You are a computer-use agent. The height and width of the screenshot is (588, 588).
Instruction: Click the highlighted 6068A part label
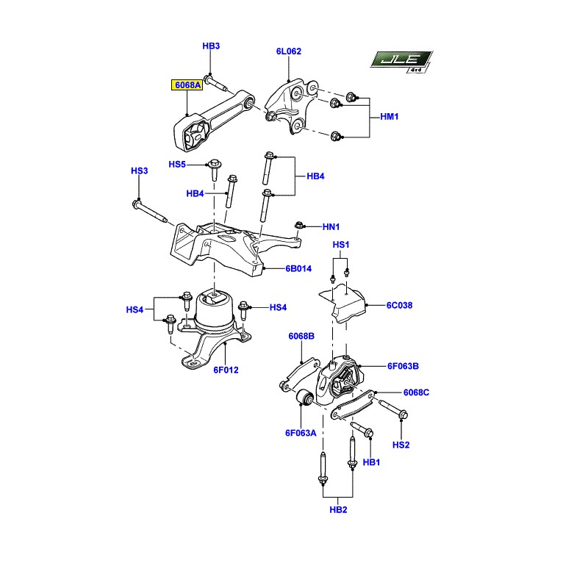pyautogui.click(x=187, y=85)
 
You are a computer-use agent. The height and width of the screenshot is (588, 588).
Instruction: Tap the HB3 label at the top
pyautogui.click(x=211, y=46)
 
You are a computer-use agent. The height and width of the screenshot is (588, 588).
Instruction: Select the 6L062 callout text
pyautogui.click(x=289, y=51)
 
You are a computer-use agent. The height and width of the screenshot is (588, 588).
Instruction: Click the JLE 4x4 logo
pyautogui.click(x=401, y=61)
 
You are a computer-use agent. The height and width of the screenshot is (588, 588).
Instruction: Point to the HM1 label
pyautogui.click(x=390, y=117)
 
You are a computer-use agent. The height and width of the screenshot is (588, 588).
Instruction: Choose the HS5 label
pyautogui.click(x=177, y=165)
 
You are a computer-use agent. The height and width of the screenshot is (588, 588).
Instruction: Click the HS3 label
pyautogui.click(x=140, y=171)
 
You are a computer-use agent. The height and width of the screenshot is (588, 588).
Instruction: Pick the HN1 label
pyautogui.click(x=331, y=227)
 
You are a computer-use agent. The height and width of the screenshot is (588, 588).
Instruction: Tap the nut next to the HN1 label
pyautogui.click(x=299, y=226)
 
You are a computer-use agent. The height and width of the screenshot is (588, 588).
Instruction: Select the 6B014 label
pyautogui.click(x=298, y=268)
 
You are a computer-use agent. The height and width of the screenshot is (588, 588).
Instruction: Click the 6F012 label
pyautogui.click(x=226, y=370)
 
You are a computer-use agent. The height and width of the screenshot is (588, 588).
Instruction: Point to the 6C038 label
pyautogui.click(x=399, y=305)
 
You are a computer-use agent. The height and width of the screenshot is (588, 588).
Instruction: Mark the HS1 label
pyautogui.click(x=341, y=245)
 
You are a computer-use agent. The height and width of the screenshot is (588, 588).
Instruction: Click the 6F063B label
pyautogui.click(x=403, y=366)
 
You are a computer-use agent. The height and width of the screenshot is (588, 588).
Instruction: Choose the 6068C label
pyautogui.click(x=416, y=392)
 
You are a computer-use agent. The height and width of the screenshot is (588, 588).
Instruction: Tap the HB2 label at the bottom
pyautogui.click(x=338, y=510)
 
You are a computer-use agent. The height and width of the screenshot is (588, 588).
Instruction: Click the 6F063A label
pyautogui.click(x=301, y=433)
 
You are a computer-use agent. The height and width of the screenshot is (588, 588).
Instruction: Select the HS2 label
pyautogui.click(x=401, y=445)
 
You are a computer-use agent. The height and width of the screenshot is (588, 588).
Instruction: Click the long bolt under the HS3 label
pyautogui.click(x=150, y=212)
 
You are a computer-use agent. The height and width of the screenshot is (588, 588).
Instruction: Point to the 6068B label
pyautogui.click(x=301, y=337)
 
